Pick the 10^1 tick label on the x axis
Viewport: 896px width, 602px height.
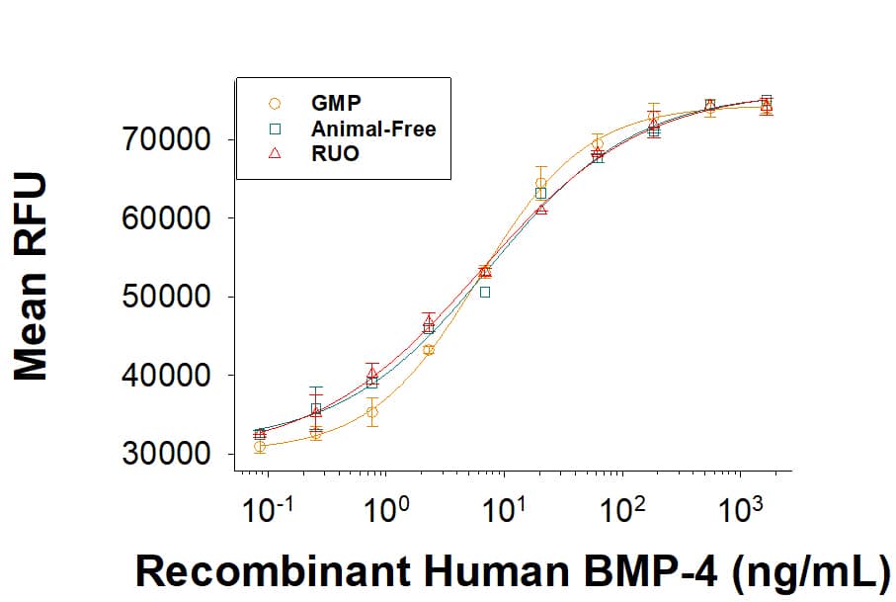click(x=503, y=511)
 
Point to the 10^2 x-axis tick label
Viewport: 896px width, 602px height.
click(x=622, y=511)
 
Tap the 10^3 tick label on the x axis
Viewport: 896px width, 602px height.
click(x=742, y=511)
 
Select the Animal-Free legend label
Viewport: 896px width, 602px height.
click(x=372, y=129)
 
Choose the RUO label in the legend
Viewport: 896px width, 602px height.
click(x=335, y=154)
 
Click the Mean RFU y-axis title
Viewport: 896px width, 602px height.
click(x=33, y=277)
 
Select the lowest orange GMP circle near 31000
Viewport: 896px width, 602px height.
click(x=260, y=447)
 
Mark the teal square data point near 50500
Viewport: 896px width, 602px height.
click(x=485, y=293)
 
